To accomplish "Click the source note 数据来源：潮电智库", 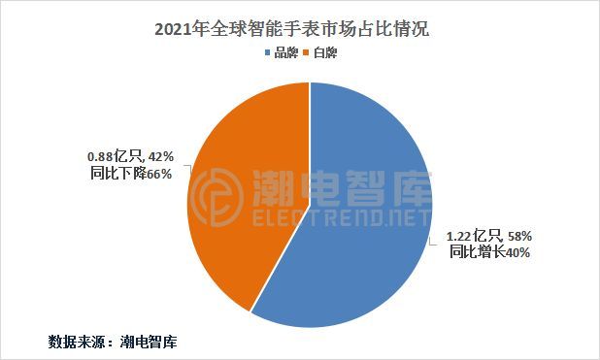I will tap(112, 342).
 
